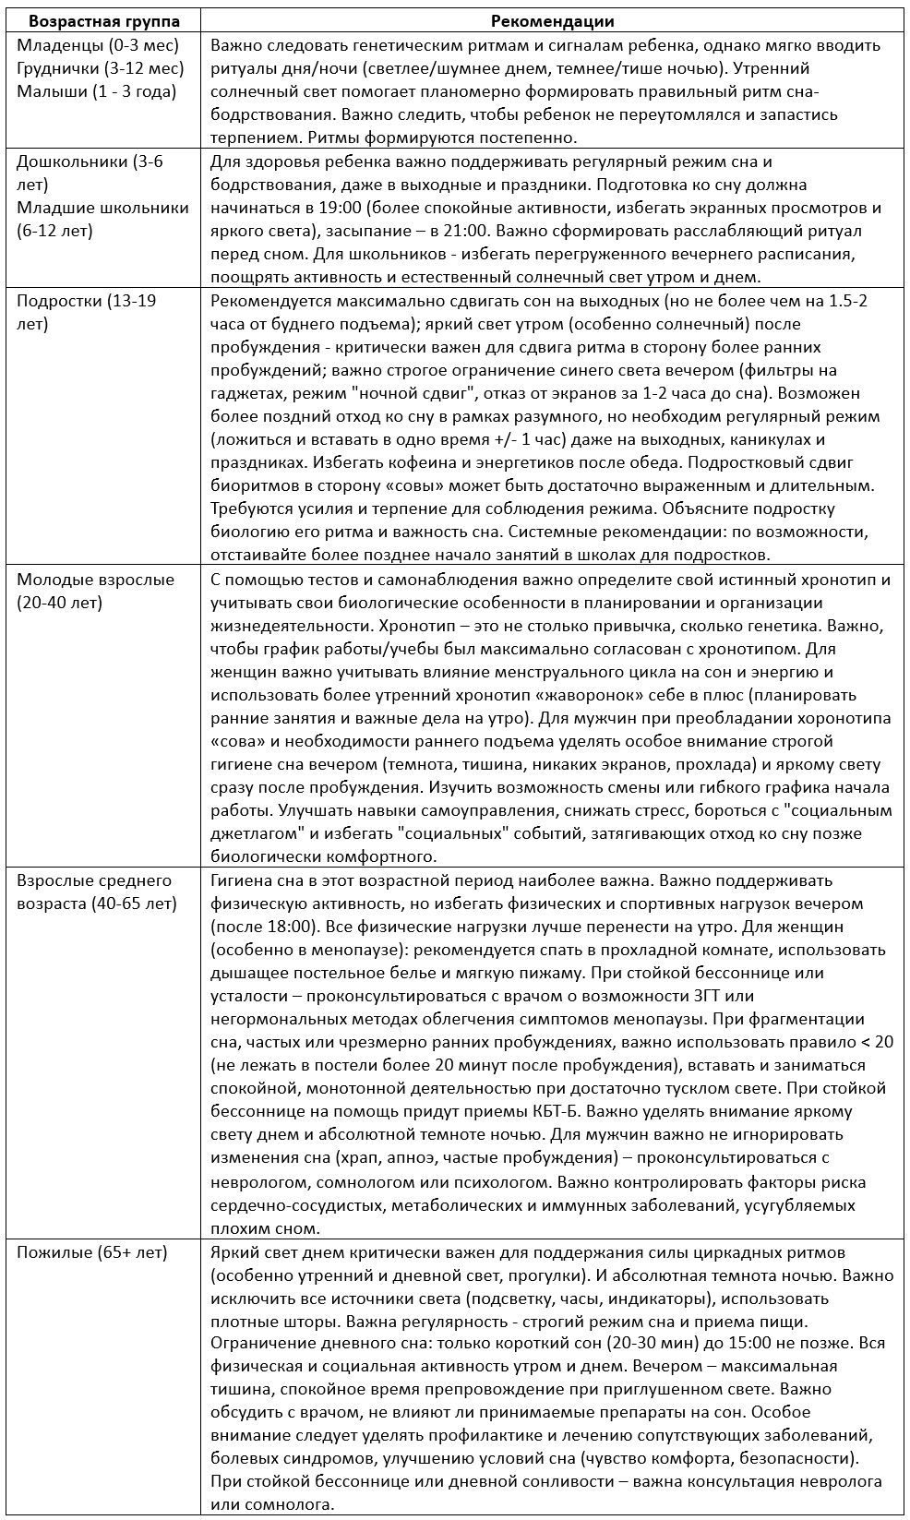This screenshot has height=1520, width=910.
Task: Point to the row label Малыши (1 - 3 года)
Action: click(x=96, y=91)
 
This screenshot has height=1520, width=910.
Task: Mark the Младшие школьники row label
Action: click(x=102, y=207)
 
